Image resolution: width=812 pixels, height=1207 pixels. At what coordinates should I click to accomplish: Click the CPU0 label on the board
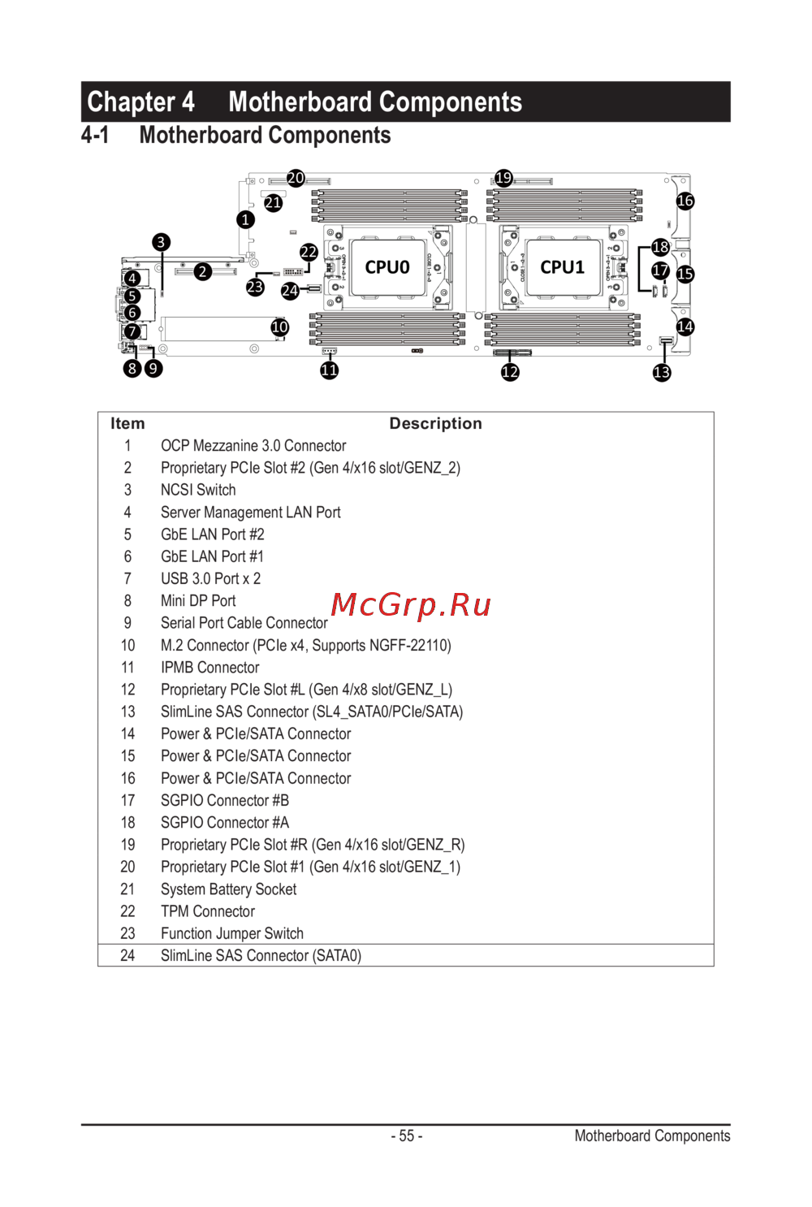387,267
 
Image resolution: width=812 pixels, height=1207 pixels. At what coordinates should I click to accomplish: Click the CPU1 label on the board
562,267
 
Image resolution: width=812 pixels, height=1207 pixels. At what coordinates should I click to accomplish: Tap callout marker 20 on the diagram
296,178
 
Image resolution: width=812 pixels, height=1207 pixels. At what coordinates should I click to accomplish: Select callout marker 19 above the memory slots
503,178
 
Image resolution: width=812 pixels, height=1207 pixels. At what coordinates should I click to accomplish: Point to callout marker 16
685,201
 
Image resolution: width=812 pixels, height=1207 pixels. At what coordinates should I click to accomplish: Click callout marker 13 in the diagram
662,372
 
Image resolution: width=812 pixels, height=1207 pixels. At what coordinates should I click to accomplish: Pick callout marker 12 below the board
510,372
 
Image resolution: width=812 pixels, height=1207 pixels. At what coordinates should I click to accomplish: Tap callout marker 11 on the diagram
329,370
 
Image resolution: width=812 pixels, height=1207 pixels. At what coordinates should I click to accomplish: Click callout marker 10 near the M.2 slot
279,327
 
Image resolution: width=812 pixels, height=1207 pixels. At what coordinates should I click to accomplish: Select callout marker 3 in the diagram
161,242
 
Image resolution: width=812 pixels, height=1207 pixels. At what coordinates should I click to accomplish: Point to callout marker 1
245,219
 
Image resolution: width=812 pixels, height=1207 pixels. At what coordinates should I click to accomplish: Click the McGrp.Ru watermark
411,604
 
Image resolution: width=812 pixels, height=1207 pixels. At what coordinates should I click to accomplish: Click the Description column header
435,423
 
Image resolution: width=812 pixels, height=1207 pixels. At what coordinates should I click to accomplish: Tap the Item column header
127,423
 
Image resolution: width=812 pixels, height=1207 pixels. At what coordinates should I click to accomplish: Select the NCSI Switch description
198,490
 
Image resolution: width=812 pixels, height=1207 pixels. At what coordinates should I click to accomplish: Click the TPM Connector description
208,911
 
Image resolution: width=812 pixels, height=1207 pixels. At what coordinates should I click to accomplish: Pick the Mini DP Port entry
198,601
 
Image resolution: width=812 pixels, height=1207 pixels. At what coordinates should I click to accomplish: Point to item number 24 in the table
127,956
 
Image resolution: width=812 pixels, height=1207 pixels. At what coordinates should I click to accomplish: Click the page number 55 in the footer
407,1136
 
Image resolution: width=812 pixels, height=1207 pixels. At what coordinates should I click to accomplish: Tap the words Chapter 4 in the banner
141,102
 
